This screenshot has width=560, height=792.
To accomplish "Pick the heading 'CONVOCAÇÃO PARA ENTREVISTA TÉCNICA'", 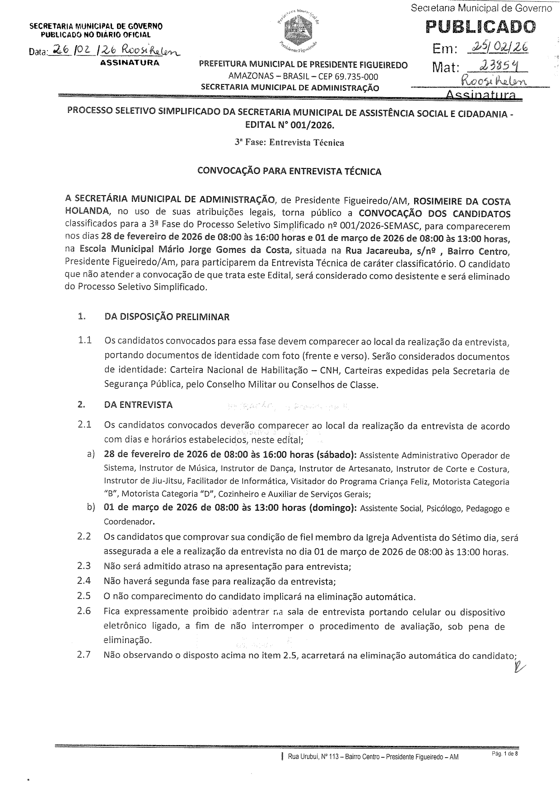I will [289, 172].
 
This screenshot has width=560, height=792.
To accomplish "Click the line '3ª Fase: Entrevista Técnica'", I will [289, 143].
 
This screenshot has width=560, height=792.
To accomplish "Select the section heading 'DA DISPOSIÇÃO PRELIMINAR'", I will [167, 317].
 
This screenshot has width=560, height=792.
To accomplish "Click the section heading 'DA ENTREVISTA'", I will [138, 405].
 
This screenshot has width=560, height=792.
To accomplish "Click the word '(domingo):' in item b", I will [333, 508].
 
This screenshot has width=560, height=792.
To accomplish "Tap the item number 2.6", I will [84, 611].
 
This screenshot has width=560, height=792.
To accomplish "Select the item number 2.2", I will [84, 536].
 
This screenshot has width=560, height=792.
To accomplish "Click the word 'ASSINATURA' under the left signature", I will [130, 63].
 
